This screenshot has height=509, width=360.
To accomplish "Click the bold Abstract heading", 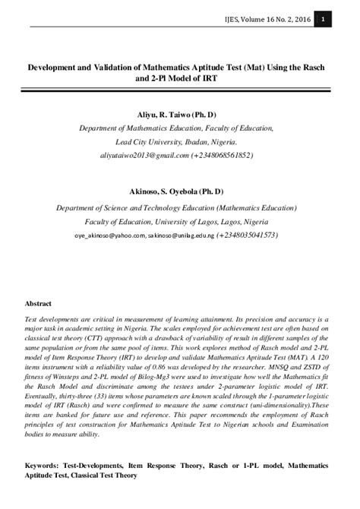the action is tap(39, 303).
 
